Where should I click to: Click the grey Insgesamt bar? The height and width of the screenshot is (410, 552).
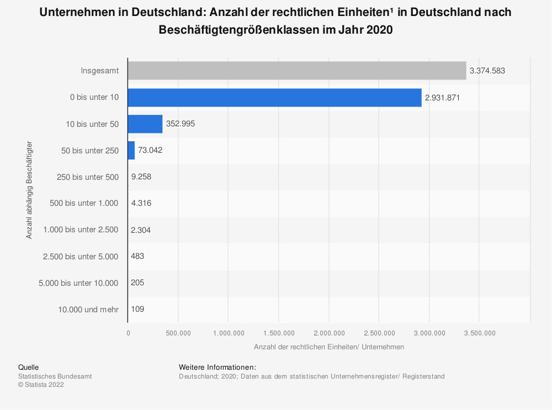point(296,71)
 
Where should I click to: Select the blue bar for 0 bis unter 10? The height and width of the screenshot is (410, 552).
point(274,97)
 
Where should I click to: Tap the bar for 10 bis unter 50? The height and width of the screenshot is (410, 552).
point(145,124)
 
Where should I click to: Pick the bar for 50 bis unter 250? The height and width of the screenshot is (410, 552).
point(131,150)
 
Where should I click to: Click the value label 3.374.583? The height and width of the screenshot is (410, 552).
point(487,71)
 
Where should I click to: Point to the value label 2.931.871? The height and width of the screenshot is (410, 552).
point(443,98)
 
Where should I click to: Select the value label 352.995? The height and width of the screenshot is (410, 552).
point(181,124)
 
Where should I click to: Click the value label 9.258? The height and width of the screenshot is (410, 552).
point(141,177)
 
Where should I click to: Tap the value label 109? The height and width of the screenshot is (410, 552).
point(137,310)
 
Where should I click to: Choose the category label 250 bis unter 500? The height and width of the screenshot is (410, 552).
point(88,177)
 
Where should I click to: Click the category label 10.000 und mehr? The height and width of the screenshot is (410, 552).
point(88,310)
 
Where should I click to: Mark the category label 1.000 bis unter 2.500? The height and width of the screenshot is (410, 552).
point(81,230)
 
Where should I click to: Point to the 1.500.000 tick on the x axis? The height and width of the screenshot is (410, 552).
point(278,333)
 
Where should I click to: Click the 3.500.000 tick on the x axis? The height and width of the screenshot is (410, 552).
point(479,333)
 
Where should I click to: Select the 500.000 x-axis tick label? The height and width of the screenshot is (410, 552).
point(178,333)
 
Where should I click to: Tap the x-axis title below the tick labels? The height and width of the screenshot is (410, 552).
point(328,347)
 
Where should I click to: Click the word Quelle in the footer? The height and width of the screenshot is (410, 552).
point(28,367)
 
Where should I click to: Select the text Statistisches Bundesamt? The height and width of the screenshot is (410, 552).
point(55,376)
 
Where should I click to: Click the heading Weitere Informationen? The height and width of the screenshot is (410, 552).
point(217,367)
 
